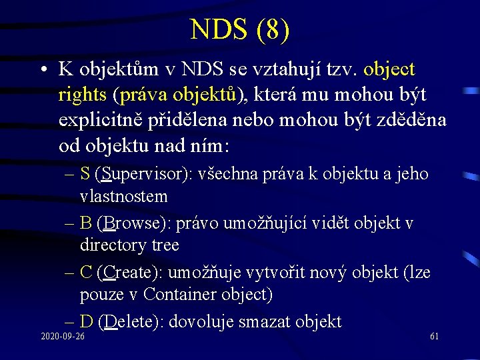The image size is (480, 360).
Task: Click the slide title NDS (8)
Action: (239, 30)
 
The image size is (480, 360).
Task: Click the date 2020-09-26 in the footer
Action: (62, 336)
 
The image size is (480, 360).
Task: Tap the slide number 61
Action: (434, 336)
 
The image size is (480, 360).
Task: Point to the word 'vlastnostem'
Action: (123, 196)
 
